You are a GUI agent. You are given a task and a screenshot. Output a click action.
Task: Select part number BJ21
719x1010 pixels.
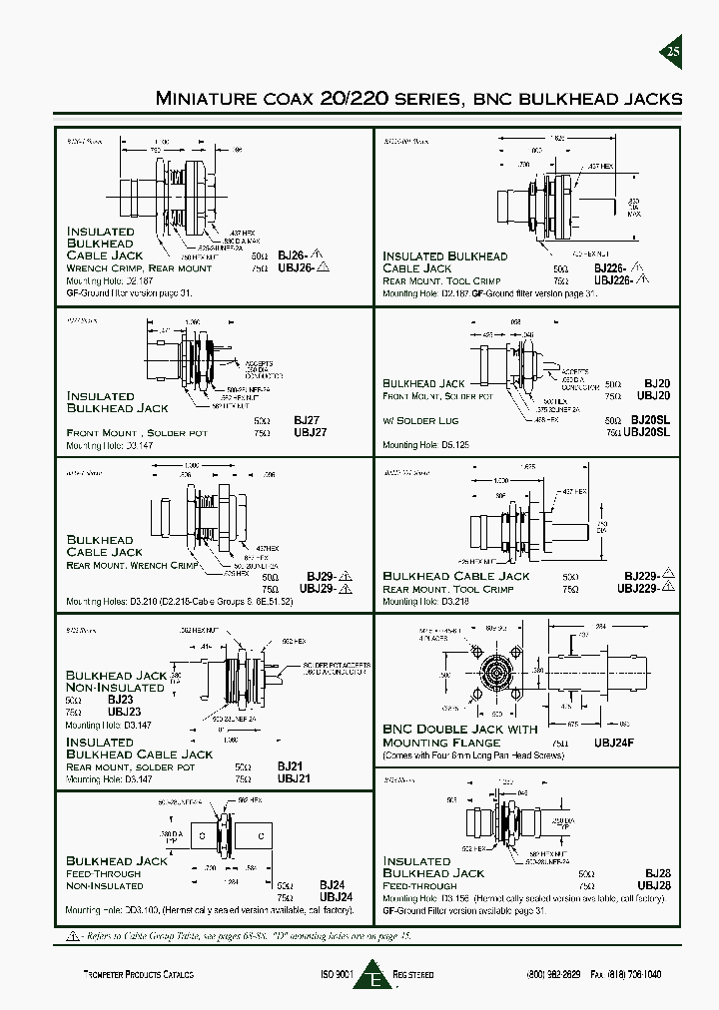click(290, 766)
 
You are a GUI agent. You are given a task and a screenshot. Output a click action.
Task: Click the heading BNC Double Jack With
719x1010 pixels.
click(460, 730)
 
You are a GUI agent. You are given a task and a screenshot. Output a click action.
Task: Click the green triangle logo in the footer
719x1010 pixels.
click(376, 977)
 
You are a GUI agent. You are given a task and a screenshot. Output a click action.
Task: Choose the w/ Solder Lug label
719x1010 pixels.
click(420, 420)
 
